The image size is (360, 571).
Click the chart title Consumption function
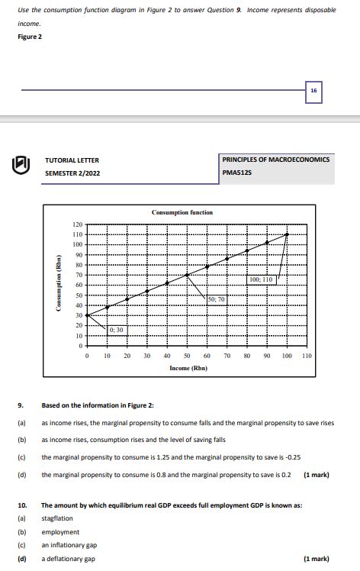click(x=182, y=212)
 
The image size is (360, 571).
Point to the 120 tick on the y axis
click(x=77, y=224)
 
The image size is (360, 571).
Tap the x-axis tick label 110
click(x=307, y=356)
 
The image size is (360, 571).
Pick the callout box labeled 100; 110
click(x=261, y=280)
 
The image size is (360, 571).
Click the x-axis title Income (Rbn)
click(x=188, y=368)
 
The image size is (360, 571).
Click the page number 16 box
click(x=313, y=90)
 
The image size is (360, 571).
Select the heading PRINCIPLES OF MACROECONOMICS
click(x=276, y=160)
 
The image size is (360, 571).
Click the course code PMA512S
click(x=237, y=173)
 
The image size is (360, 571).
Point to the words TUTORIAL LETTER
click(x=72, y=160)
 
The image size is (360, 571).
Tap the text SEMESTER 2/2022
click(x=72, y=173)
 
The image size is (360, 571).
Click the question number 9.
click(x=21, y=405)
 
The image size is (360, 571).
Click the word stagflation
click(x=57, y=518)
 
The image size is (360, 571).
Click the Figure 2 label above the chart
click(x=28, y=37)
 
